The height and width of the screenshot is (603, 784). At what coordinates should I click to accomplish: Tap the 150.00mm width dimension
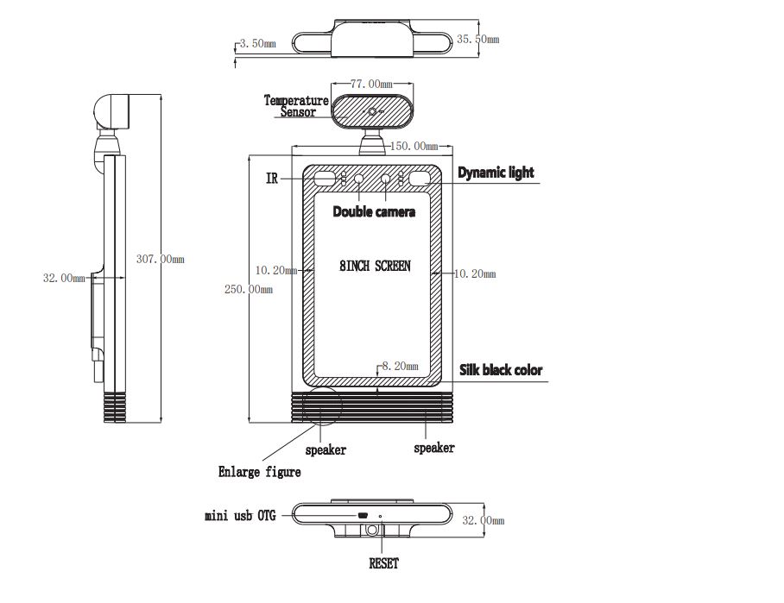point(411,146)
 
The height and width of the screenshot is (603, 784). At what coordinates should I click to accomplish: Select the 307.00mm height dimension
point(160,259)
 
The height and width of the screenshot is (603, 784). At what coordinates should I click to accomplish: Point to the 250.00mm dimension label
point(249,290)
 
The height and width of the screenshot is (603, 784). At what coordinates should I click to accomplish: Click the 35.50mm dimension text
point(477,40)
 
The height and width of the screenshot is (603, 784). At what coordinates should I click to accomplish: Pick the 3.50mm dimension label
point(256,43)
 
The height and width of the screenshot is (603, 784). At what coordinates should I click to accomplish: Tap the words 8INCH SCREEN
point(375,267)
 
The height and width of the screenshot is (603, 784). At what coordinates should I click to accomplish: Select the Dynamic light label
point(496,173)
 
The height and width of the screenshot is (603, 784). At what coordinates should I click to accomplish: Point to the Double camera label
point(374,211)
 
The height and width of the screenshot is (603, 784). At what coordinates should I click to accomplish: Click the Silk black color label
point(501,370)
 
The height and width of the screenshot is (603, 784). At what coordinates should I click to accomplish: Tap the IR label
point(272,179)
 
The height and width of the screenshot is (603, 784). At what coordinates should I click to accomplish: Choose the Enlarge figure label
point(259,472)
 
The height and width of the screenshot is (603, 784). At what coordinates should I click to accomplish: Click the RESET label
point(383,564)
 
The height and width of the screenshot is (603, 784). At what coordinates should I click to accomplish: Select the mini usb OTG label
point(240,516)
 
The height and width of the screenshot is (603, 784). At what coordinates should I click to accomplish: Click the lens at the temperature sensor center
point(374,111)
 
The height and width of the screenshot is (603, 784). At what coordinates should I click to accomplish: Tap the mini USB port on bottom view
point(364,516)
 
